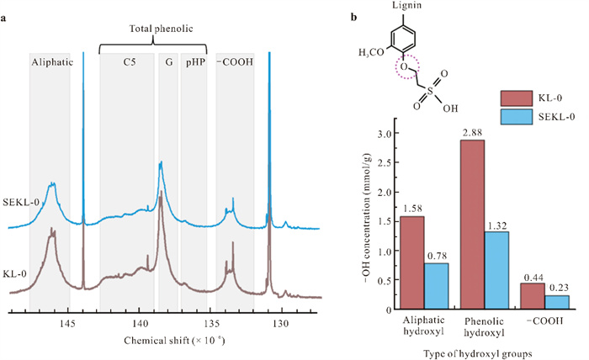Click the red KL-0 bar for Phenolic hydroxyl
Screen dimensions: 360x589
[x=472, y=225]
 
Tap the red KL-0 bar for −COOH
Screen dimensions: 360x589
[x=532, y=296]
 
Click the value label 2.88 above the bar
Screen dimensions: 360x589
[x=472, y=133]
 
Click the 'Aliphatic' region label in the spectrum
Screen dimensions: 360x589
[x=50, y=62]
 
